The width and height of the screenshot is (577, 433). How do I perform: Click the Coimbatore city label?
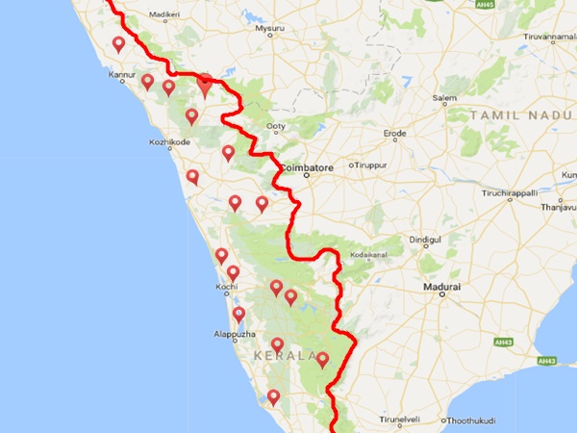pos(308,167)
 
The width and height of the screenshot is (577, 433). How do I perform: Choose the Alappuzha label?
pos(234,335)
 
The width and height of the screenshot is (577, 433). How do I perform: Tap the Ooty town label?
pos(277,126)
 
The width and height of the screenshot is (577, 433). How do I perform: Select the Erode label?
pos(396,134)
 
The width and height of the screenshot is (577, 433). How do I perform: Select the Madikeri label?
pos(166,16)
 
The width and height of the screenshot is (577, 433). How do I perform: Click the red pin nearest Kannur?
pos(147,81)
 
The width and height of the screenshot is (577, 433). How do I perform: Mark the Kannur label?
pos(123,74)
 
